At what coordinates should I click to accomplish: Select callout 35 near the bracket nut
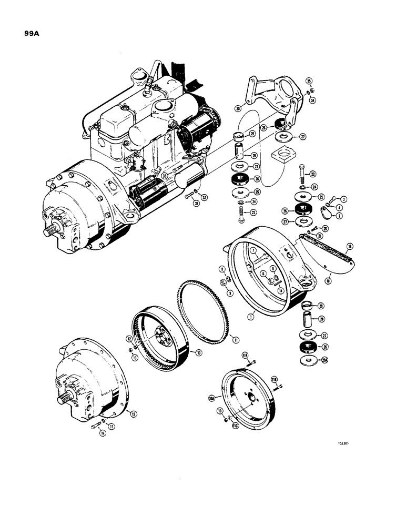[x=309, y=80]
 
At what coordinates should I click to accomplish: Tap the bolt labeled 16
[x=95, y=432]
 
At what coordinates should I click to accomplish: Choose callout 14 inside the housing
[x=281, y=290]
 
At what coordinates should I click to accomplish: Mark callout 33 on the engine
[x=164, y=176]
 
